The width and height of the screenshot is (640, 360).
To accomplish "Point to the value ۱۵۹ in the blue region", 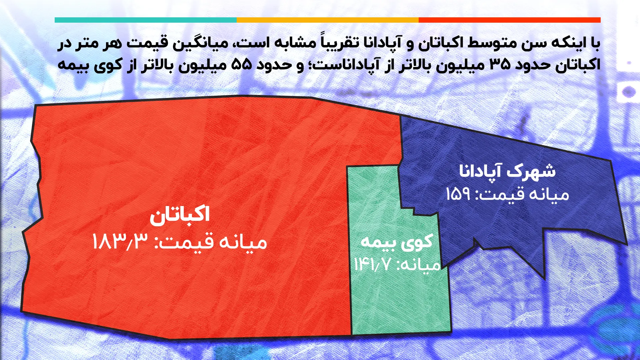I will coord(458,194).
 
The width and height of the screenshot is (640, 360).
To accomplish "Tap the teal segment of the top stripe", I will coord(146,20).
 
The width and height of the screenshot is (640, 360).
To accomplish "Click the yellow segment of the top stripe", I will coord(327,20).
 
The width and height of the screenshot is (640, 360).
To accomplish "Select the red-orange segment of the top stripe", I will coord(509,20).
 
